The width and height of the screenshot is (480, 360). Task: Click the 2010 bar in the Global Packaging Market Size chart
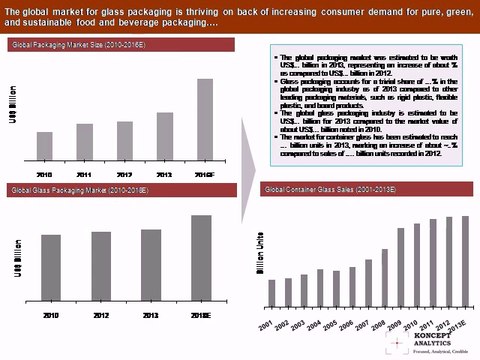pyautogui.click(x=45, y=153)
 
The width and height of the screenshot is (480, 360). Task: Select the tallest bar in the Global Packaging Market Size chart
pyautogui.click(x=204, y=124)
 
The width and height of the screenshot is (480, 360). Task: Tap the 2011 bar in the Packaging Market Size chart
pyautogui.click(x=85, y=148)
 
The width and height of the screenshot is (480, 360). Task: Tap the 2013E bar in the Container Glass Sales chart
pyautogui.click(x=464, y=260)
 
